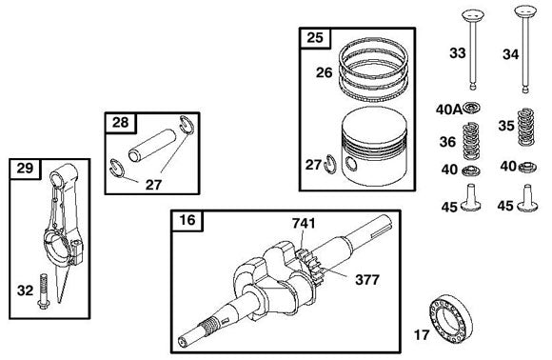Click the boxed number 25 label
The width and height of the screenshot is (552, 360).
[313, 39]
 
